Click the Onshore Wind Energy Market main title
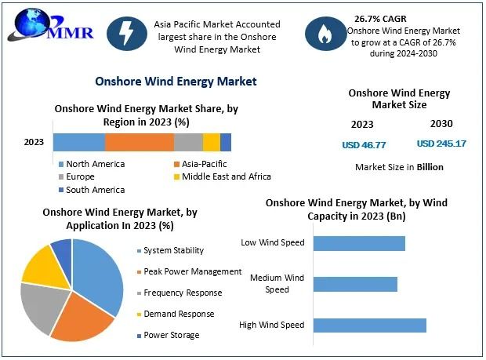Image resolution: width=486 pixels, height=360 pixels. (176, 81)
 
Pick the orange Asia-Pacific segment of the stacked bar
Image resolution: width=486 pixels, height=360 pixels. (140, 142)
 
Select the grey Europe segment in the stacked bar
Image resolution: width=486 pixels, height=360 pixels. (188, 142)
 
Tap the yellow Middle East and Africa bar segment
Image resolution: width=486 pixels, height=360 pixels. (211, 142)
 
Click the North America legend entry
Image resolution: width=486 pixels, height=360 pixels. (95, 164)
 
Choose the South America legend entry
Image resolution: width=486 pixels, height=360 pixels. (95, 189)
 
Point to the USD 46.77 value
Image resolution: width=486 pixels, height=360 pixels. (364, 144)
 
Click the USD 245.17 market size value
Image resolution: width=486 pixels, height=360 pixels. (441, 144)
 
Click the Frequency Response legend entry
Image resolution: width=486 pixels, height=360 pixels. (183, 293)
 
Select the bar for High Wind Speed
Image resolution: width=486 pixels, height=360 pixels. (369, 325)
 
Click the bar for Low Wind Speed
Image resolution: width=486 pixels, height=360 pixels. (359, 243)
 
